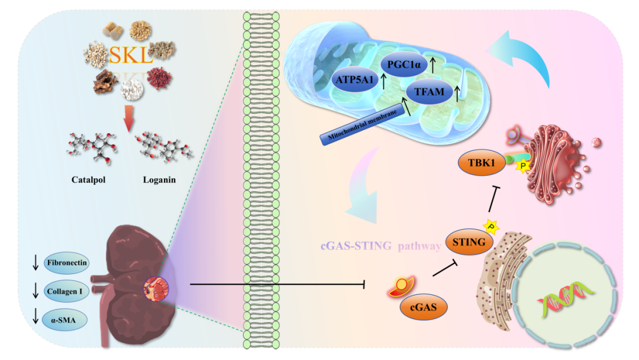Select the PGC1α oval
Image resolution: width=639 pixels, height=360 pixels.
pos(403,65)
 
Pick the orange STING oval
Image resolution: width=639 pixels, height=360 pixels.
pos(466,242)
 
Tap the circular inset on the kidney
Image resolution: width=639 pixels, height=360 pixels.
pos(156,288)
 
